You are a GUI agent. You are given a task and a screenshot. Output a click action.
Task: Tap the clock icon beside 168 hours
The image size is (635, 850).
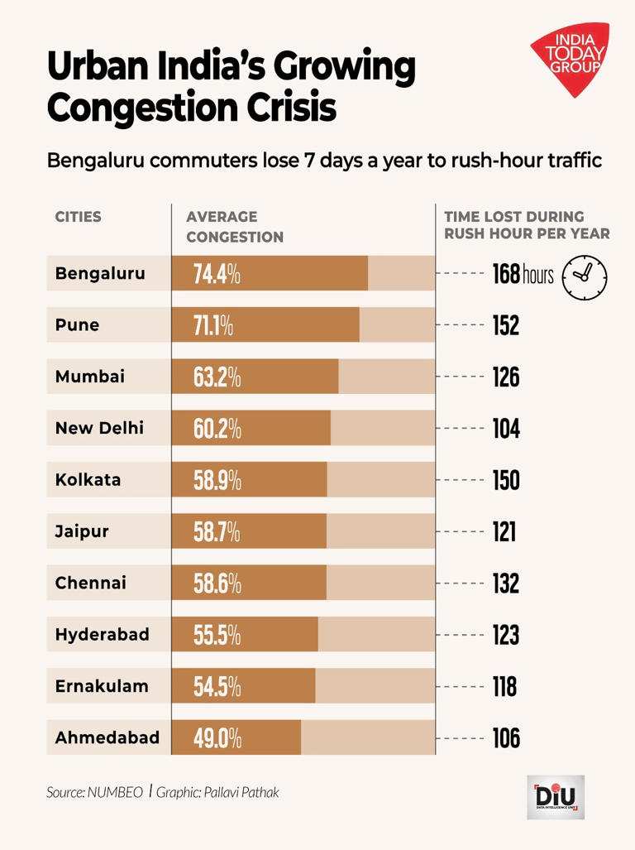pyautogui.click(x=585, y=275)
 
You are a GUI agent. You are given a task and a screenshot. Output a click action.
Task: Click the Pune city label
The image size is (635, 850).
pyautogui.click(x=77, y=325)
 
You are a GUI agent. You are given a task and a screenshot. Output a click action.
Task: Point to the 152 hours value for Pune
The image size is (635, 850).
pyautogui.click(x=506, y=326)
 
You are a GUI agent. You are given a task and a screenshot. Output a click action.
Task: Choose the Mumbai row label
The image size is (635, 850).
pyautogui.click(x=90, y=377)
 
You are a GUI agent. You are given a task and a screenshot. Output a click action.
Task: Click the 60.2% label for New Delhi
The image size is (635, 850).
pyautogui.click(x=217, y=429)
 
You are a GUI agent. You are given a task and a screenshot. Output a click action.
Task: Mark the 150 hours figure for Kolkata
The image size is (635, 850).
pyautogui.click(x=506, y=480)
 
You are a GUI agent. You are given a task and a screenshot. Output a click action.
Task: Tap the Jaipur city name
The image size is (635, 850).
pyautogui.click(x=82, y=531)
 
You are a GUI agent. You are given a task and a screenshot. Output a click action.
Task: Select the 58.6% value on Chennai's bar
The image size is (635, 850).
pyautogui.click(x=217, y=583)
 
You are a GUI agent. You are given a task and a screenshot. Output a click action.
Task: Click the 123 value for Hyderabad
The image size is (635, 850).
pyautogui.click(x=506, y=635)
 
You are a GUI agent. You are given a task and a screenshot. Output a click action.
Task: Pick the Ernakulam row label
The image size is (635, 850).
pyautogui.click(x=102, y=686)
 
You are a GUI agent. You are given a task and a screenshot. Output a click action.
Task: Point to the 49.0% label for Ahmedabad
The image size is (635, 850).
pyautogui.click(x=217, y=737)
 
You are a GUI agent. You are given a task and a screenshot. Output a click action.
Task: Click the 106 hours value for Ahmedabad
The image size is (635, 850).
pyautogui.click(x=506, y=737)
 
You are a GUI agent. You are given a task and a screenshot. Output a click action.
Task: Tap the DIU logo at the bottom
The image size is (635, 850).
pyautogui.click(x=555, y=796)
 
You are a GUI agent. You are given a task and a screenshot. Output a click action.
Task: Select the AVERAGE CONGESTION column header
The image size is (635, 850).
pyautogui.click(x=235, y=227)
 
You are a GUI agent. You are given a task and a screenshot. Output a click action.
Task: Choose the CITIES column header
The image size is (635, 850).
pyautogui.click(x=79, y=217)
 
